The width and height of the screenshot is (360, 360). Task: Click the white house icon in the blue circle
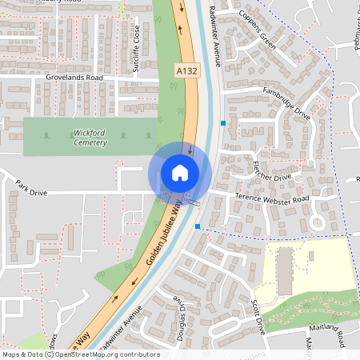click(180, 173)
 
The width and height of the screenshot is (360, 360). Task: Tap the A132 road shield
click(186, 72)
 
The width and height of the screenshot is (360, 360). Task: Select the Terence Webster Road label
click(271, 198)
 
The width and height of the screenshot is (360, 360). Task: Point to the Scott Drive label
click(257, 316)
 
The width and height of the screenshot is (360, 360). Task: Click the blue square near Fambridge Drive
click(222, 122)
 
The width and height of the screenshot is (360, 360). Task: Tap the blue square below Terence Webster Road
click(198, 226)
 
